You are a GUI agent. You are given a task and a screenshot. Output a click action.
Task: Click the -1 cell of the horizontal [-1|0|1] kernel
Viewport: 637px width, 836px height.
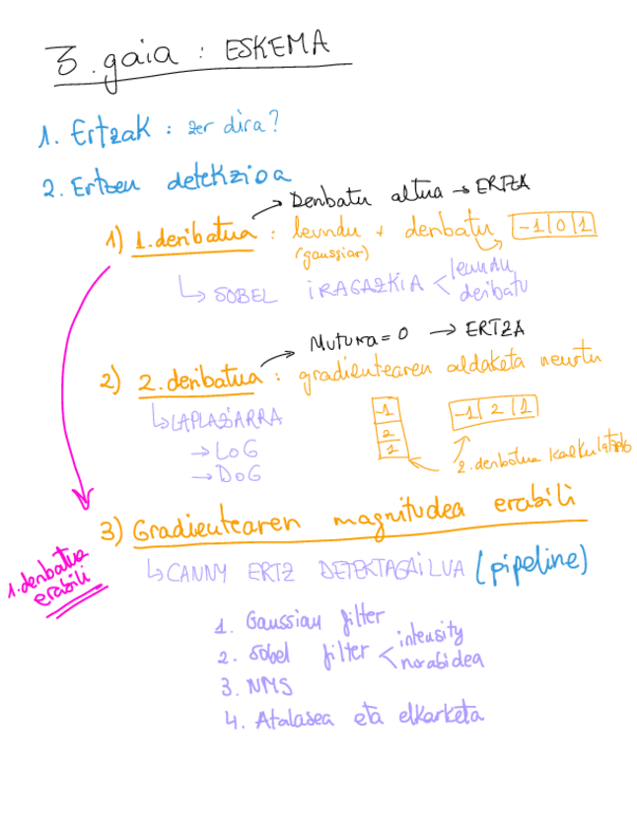[x=531, y=227]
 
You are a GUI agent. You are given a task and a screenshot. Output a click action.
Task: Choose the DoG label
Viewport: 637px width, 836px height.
[x=221, y=477]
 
